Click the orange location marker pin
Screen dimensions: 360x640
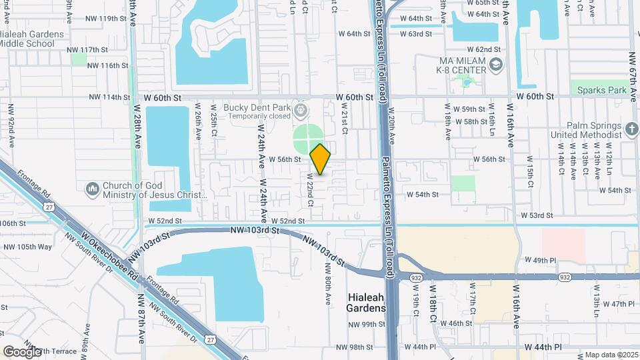click(x=320, y=159)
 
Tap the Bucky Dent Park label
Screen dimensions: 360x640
click(x=257, y=107)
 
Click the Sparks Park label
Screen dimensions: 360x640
click(x=602, y=89)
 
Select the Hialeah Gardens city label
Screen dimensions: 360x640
click(x=366, y=303)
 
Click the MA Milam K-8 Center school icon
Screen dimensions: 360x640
click(x=495, y=65)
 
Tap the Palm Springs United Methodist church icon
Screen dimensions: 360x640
click(x=631, y=127)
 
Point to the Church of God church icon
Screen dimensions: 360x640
click(x=92, y=189)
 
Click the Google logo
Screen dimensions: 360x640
click(x=22, y=351)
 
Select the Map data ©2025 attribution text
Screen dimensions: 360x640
click(x=611, y=355)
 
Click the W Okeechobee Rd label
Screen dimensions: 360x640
click(x=111, y=257)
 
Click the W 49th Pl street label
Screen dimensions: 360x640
click(x=540, y=259)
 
